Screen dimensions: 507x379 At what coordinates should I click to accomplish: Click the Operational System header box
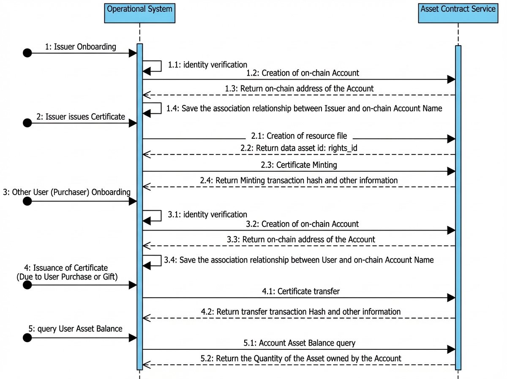pos(139,13)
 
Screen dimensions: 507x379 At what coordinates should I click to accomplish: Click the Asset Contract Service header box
pos(458,13)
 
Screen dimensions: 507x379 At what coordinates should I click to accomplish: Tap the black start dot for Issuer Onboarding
pos(27,53)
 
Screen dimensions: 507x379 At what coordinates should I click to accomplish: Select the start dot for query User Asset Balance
pos(27,338)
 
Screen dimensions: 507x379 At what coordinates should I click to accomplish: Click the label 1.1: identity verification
pos(207,65)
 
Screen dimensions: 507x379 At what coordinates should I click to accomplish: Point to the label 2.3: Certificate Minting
pos(299,165)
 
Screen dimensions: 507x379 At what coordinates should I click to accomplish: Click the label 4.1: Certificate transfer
pos(301,291)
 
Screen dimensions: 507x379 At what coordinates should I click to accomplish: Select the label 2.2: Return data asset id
pos(299,148)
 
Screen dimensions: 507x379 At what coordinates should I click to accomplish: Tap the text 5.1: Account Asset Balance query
pos(300,343)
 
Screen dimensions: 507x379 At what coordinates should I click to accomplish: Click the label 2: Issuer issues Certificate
pos(81,117)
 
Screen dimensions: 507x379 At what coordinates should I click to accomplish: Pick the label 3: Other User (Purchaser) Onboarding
pos(67,192)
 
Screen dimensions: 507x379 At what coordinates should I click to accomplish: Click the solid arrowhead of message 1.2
pos(451,80)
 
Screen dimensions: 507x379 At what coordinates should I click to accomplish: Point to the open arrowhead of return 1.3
pos(147,95)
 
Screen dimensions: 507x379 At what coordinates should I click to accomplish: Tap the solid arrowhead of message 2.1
pos(451,139)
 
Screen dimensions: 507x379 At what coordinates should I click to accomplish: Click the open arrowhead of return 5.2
pos(147,365)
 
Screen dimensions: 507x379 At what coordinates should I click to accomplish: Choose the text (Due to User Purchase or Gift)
pos(67,277)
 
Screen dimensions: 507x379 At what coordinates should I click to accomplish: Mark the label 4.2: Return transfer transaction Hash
pos(301,312)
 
